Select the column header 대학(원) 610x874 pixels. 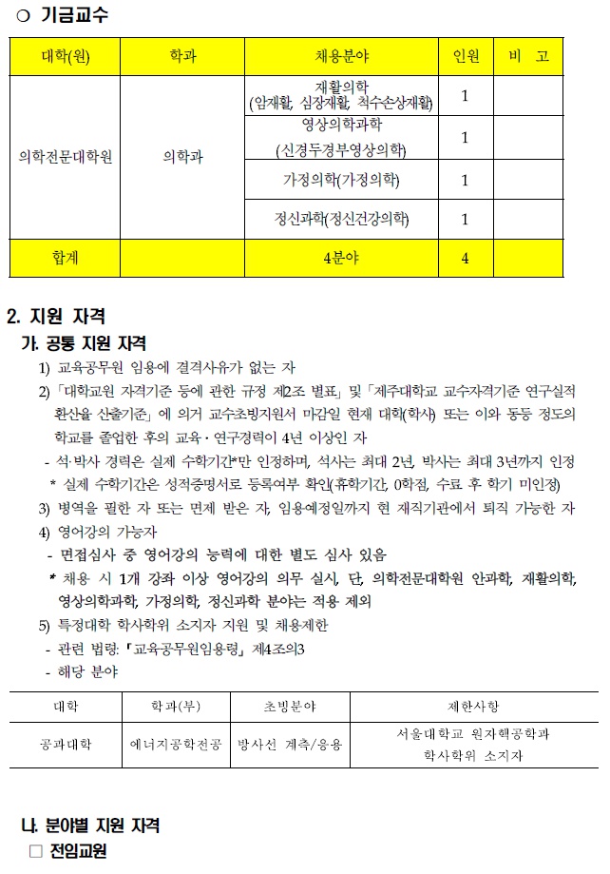66,56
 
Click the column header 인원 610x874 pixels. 465,56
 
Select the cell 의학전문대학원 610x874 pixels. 66,157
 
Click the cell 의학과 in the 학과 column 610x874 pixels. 182,157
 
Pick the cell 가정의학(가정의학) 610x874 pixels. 340,179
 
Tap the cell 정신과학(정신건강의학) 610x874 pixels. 340,220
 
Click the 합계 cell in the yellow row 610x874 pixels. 66,258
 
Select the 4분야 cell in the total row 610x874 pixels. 340,258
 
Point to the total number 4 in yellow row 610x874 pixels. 465,258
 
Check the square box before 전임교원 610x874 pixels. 36,850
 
